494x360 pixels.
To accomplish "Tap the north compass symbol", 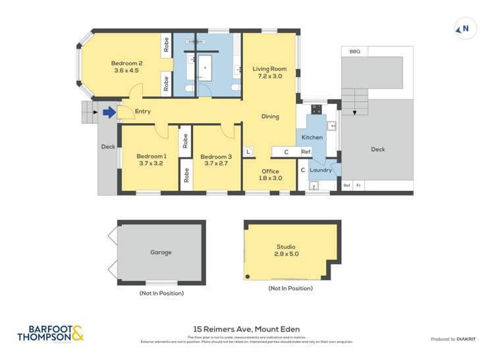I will click(465, 28).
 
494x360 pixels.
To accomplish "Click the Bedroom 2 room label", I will click(126, 67).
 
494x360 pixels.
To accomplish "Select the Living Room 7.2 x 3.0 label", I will click(269, 72).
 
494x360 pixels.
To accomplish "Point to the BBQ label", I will click(354, 51).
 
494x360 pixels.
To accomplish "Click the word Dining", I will click(270, 116).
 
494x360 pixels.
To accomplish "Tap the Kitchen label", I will click(312, 137).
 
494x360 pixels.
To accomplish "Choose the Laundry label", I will click(321, 170).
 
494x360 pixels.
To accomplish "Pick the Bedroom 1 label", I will click(151, 160).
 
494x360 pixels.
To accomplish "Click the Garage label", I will click(161, 252).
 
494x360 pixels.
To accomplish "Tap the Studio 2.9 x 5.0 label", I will click(285, 250).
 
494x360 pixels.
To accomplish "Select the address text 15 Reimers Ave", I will click(246, 329).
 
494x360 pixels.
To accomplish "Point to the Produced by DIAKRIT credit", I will click(454, 339).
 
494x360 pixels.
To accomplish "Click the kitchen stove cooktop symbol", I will click(316, 110).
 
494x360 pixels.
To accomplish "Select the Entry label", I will click(143, 111).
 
